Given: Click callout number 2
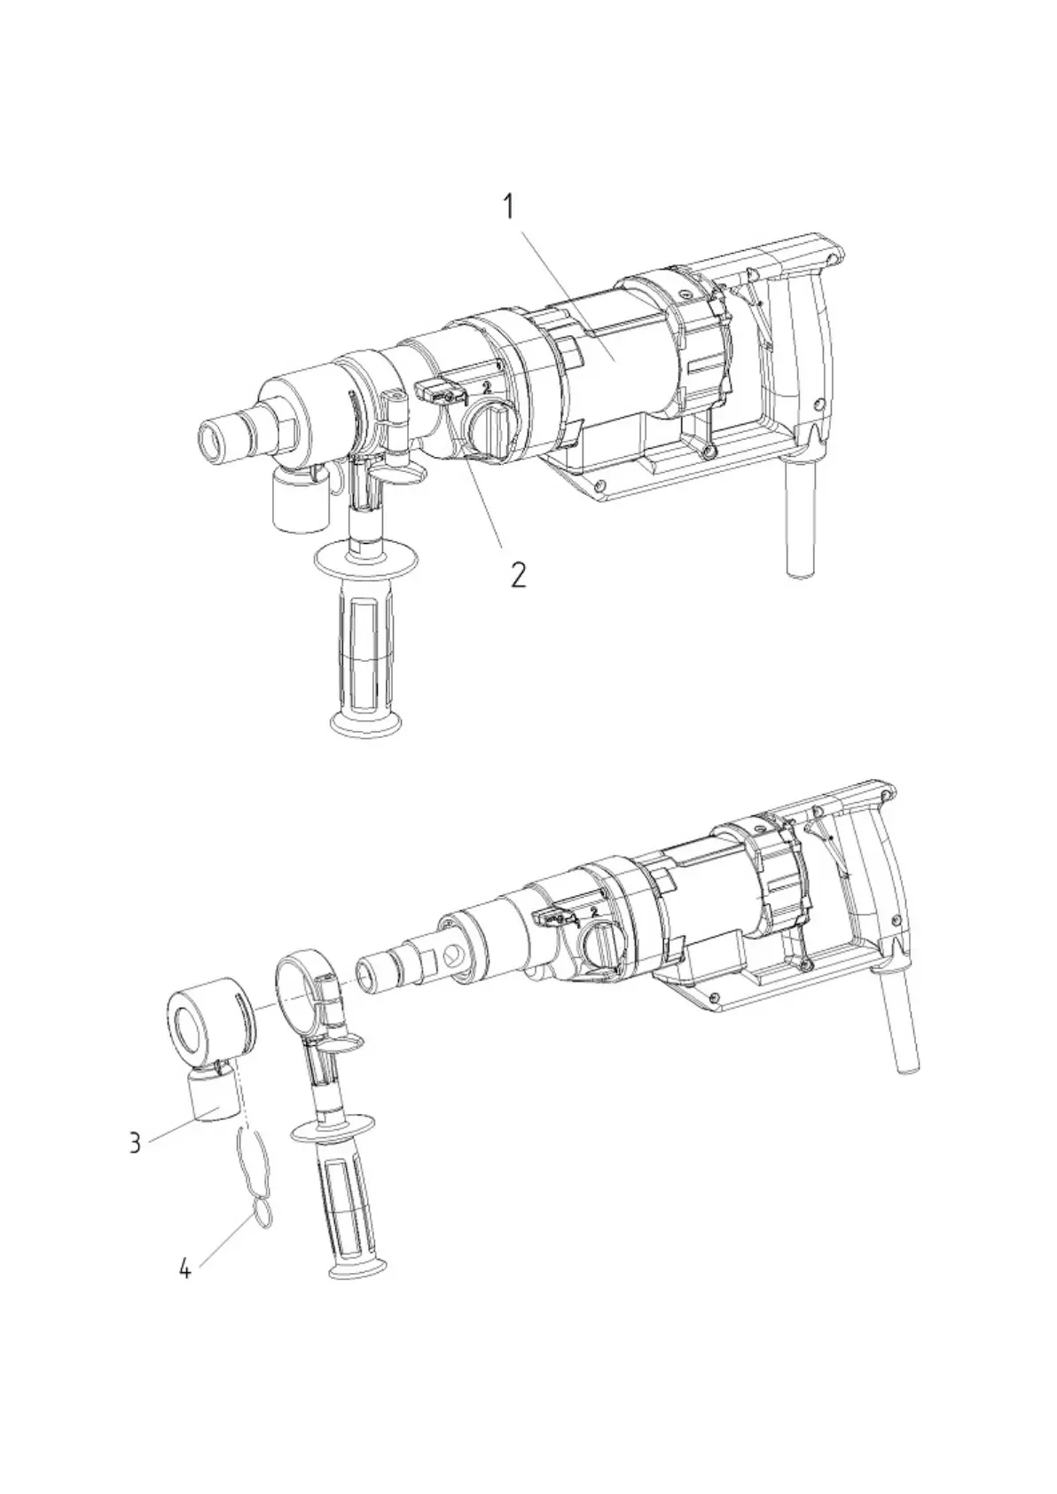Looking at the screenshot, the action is (517, 574).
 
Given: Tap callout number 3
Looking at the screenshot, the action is (135, 1142).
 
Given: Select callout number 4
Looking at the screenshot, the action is (184, 1269).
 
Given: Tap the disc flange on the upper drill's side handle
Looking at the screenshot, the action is (365, 563).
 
